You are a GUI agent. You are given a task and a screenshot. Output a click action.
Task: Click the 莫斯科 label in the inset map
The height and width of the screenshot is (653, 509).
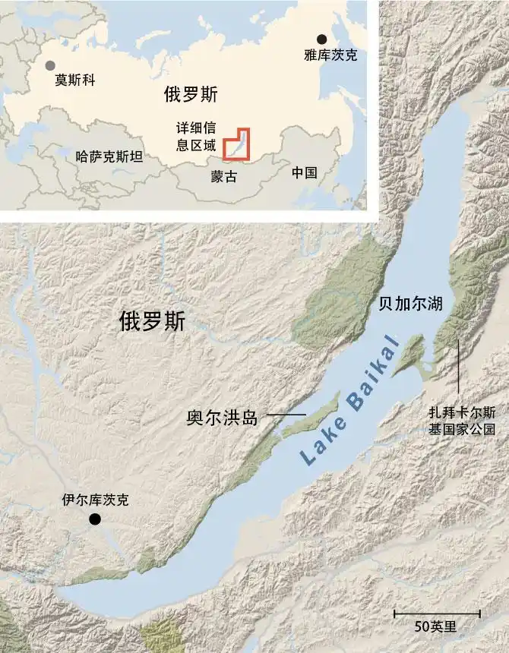tap(75, 78)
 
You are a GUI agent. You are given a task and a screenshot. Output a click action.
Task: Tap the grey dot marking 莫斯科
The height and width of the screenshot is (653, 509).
tap(50, 66)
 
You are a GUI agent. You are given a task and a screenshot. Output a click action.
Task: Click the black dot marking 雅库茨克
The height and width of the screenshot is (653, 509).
tap(321, 39)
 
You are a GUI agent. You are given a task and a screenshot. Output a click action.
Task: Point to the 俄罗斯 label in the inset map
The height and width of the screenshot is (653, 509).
tap(190, 94)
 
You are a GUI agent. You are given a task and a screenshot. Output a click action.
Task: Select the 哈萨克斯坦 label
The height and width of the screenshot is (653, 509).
tap(109, 157)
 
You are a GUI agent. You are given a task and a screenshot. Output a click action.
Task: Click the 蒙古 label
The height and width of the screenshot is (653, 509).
tap(224, 176)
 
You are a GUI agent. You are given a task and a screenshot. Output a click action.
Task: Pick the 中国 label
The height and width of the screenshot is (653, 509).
tap(304, 172)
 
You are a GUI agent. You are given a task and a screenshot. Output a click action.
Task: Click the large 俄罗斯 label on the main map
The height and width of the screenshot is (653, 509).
tap(152, 321)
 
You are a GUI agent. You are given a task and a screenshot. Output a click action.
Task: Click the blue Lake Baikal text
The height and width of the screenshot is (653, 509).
tap(348, 399)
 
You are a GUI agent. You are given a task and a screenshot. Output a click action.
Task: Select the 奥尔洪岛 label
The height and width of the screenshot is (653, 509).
tap(223, 417)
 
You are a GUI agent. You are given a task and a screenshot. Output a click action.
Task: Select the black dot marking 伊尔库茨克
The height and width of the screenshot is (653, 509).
tap(95, 519)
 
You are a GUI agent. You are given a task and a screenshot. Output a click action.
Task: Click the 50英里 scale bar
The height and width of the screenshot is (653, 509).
tap(436, 613)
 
